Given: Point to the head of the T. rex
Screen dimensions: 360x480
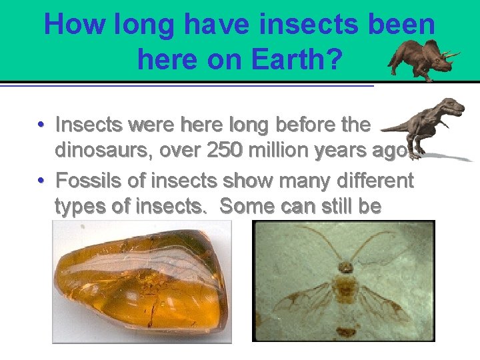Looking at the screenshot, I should tap(453, 107).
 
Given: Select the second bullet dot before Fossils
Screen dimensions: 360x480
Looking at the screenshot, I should tap(41, 181).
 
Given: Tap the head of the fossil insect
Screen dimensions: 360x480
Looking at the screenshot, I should tap(345, 268).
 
